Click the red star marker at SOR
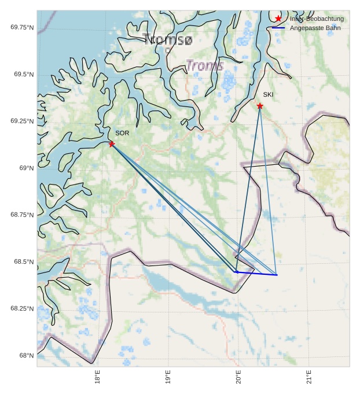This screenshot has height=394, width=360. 112,144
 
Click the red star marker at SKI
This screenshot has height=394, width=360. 260,106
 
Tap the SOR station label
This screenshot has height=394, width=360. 122,133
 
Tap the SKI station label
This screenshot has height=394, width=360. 268,94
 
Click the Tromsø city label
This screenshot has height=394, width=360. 167,39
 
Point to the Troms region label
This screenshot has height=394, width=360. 204,65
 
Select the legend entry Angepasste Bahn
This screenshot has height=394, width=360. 316,28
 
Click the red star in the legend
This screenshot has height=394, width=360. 278,19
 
